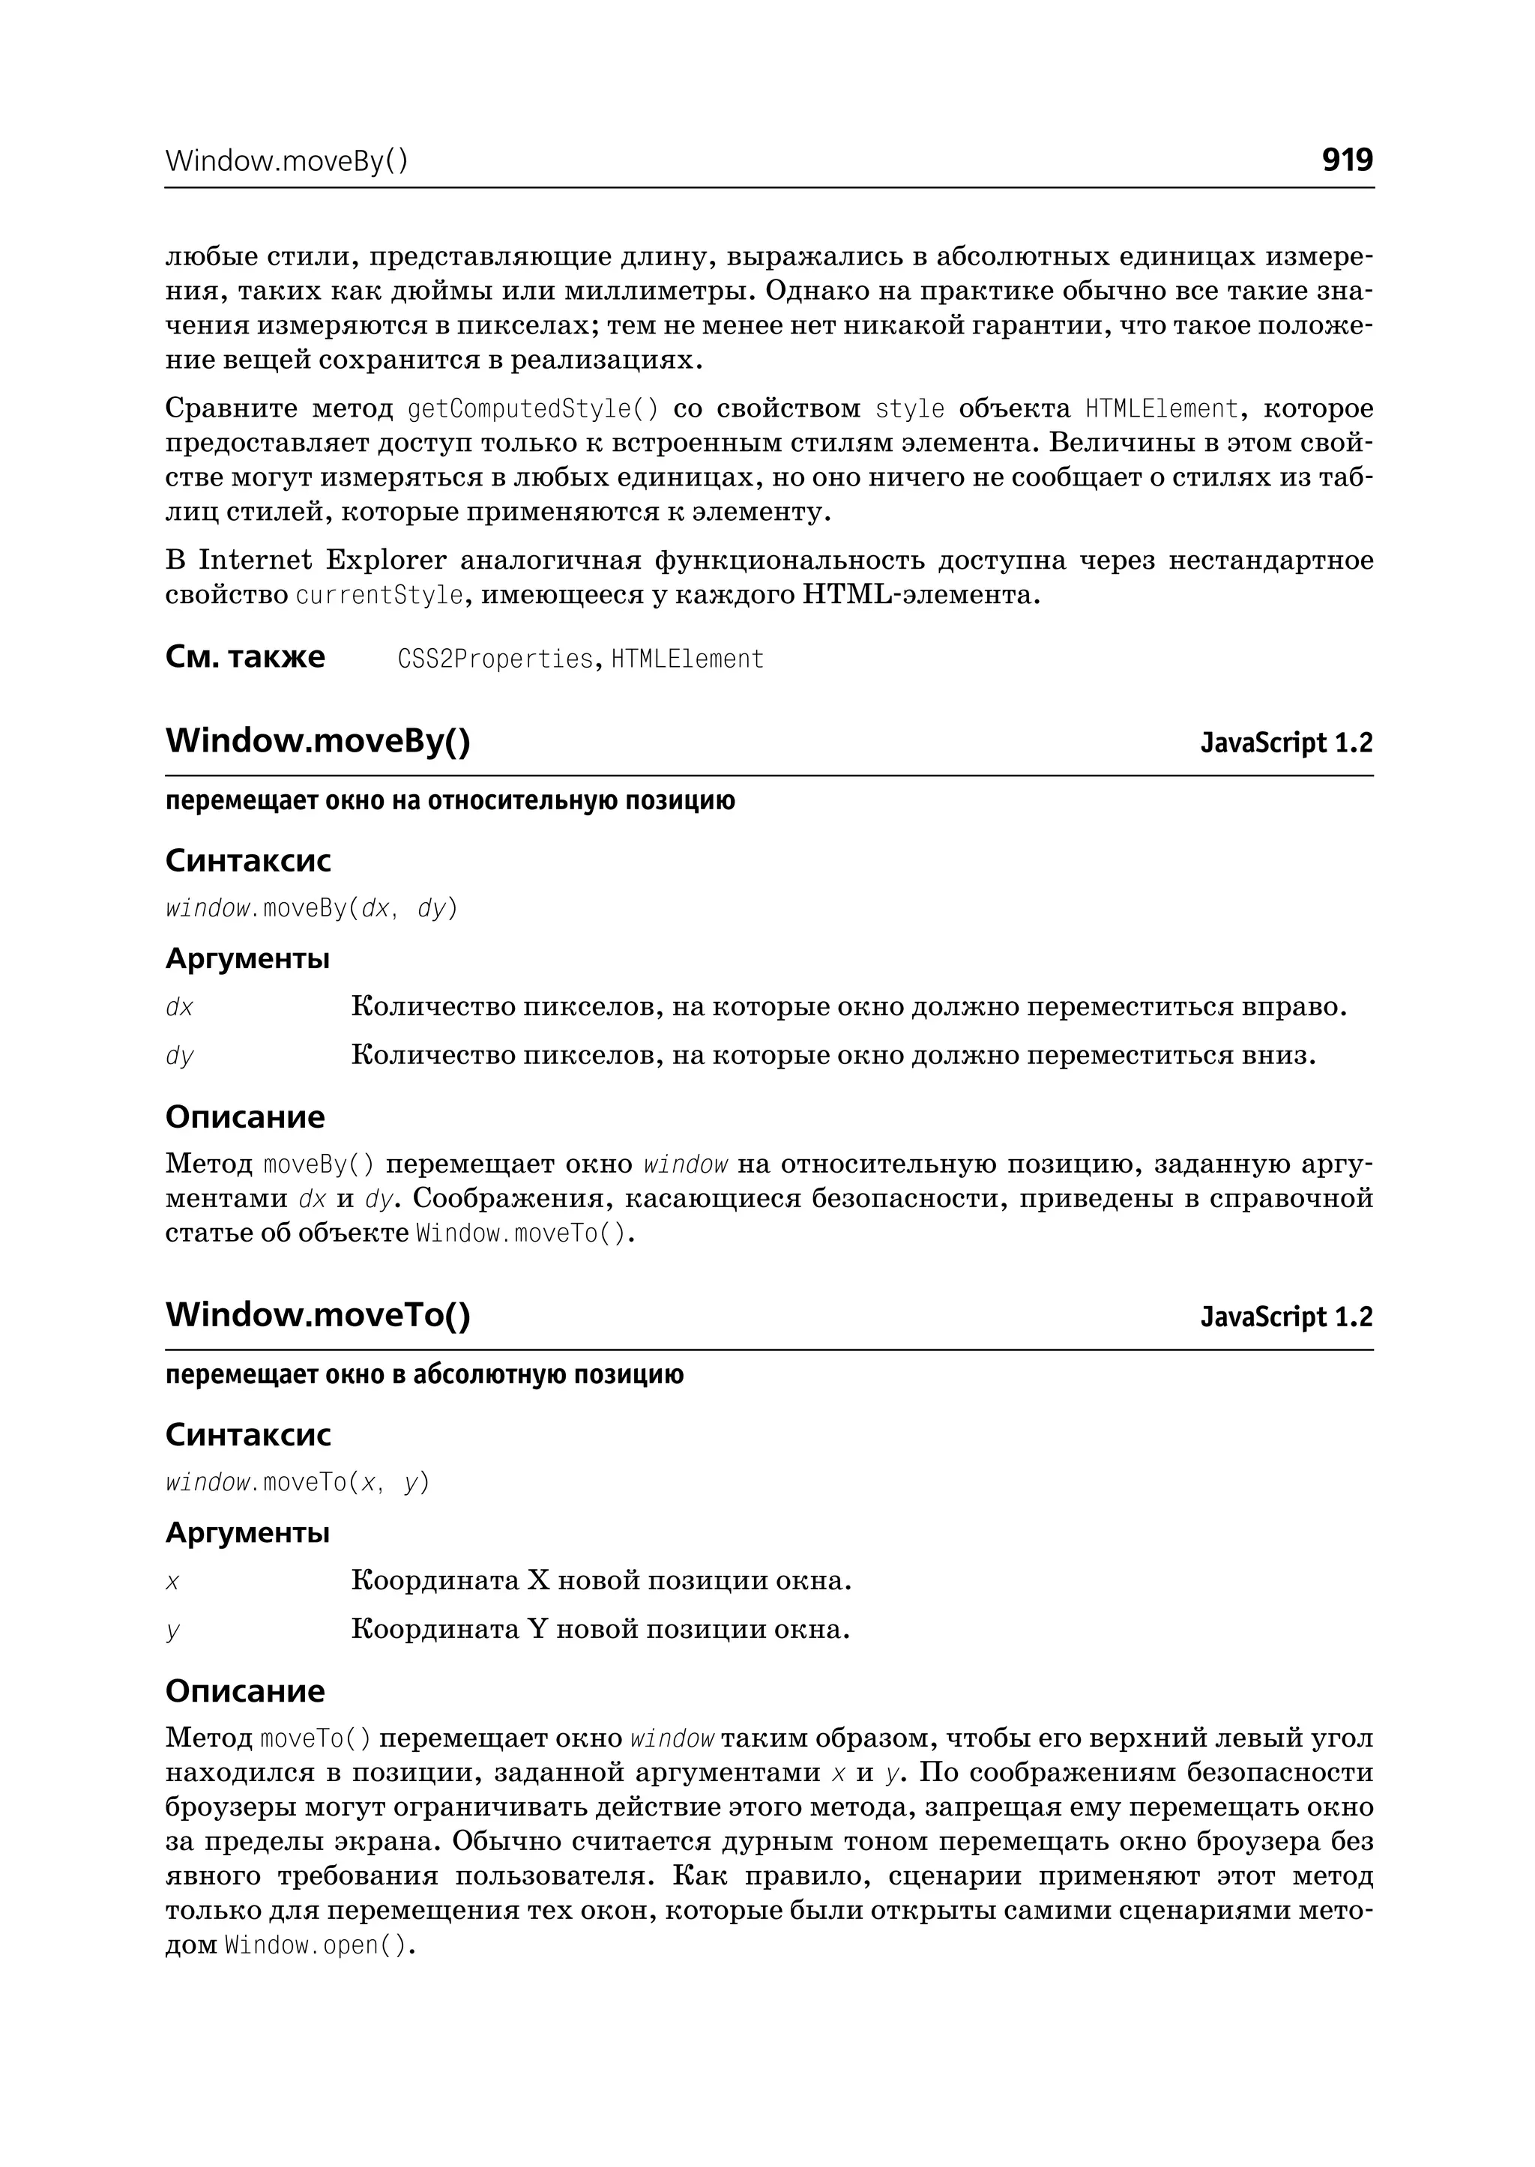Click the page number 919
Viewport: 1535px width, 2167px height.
(x=1346, y=160)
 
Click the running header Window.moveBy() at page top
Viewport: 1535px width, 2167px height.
(x=286, y=162)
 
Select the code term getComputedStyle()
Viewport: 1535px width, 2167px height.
(x=532, y=409)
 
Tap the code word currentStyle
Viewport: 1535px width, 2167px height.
(x=380, y=596)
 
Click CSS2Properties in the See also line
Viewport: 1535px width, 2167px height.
(x=495, y=659)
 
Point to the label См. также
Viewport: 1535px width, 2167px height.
(x=245, y=657)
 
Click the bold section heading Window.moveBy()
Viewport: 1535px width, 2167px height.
(x=318, y=741)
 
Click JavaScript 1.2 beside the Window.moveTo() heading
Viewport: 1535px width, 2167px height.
(x=1285, y=1317)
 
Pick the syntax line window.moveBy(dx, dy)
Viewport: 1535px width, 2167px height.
(x=311, y=908)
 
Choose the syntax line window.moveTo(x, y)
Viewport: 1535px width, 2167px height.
(x=297, y=1482)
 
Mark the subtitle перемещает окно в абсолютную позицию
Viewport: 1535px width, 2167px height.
(x=424, y=1375)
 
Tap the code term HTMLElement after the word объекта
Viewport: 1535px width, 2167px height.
(x=1161, y=409)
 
